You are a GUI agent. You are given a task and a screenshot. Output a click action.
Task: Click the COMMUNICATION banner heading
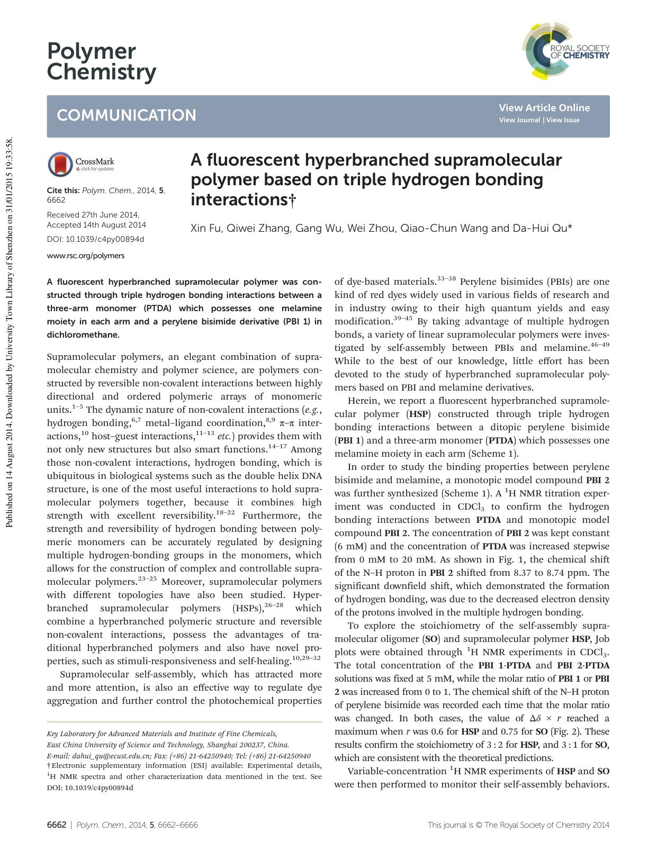[x=127, y=115]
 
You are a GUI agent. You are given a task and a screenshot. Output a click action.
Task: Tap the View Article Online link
[x=544, y=108]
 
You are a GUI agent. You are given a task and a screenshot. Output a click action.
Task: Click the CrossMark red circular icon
[x=60, y=164]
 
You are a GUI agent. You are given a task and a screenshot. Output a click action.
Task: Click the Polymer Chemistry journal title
[x=101, y=62]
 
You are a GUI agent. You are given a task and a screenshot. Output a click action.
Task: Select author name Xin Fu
[x=205, y=229]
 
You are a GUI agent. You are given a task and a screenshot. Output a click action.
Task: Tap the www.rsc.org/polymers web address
[x=86, y=256]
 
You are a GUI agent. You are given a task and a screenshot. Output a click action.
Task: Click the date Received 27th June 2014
[x=93, y=215]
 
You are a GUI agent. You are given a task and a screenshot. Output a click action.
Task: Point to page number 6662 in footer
[x=57, y=825]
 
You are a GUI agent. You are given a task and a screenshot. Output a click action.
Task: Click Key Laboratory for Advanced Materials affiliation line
[x=161, y=734]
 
